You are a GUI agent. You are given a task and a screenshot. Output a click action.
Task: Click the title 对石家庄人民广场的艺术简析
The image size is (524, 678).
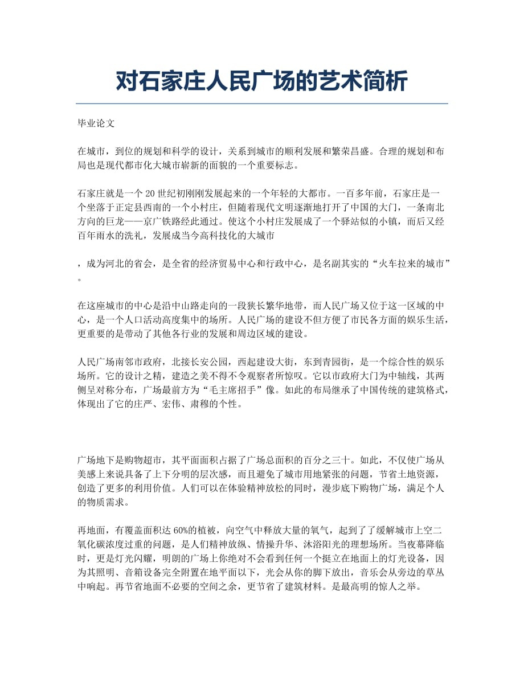[x=261, y=81]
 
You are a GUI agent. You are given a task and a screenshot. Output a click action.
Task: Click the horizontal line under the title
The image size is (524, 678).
[x=261, y=104]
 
